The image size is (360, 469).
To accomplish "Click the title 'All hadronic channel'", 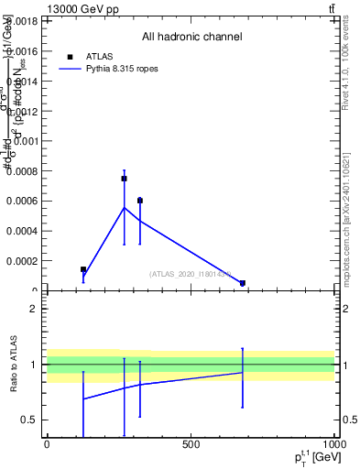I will click(x=191, y=38).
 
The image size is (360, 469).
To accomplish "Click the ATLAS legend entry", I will click(x=98, y=56).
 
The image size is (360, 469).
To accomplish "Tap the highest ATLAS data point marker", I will click(x=124, y=179).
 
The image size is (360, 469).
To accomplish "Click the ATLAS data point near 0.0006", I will click(x=140, y=200).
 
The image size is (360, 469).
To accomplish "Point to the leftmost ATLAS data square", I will click(x=83, y=269).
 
